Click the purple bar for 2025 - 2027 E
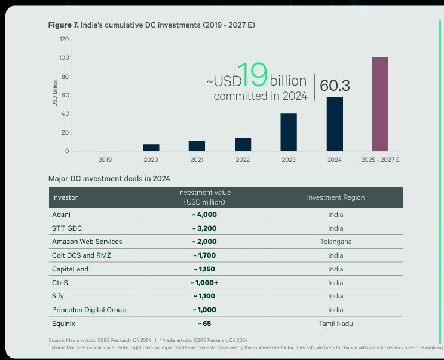(380, 104)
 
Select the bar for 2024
(335, 124)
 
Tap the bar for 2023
(289, 132)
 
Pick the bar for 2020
(151, 148)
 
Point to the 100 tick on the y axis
(64, 57)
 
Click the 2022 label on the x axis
(243, 160)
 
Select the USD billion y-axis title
(55, 93)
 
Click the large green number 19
(253, 75)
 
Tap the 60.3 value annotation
(335, 86)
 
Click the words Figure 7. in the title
(63, 25)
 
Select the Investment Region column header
(336, 197)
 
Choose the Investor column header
(65, 197)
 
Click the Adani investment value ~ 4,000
(204, 215)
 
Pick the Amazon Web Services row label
(87, 242)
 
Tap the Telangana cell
(336, 242)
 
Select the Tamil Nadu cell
(336, 324)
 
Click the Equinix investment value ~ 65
(204, 324)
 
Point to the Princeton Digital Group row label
(89, 310)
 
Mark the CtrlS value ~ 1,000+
(204, 283)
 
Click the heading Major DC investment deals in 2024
(109, 179)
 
